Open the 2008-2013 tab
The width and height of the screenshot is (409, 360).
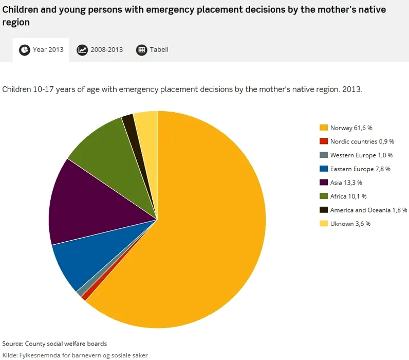[x=100, y=50]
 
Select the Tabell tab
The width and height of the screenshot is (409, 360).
[x=153, y=50]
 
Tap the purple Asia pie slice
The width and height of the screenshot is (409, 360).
[x=87, y=203]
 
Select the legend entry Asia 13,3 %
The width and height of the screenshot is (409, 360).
[x=346, y=183]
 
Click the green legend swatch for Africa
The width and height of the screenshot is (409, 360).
[x=324, y=196]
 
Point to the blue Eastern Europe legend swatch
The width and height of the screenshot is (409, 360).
[x=324, y=169]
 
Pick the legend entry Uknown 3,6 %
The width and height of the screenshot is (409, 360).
[x=350, y=224]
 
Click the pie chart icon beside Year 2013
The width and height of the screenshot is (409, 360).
[x=25, y=50]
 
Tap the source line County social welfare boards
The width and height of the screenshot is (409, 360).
[x=54, y=344]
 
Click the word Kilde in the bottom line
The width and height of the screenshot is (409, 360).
[x=9, y=355]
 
